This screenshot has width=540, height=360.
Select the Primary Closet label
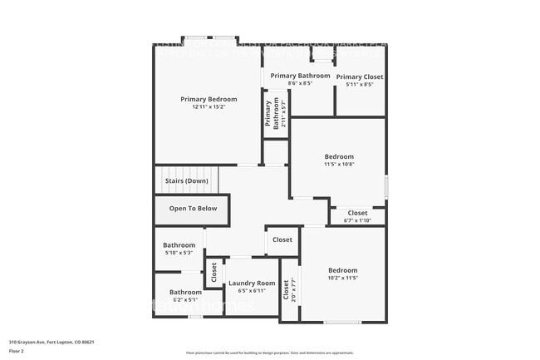click(x=360, y=76)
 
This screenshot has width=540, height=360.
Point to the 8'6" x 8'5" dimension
click(x=300, y=83)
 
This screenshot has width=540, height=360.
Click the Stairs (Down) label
click(x=186, y=180)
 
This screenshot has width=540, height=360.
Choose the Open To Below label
click(x=193, y=209)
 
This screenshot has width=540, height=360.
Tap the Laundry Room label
click(x=252, y=284)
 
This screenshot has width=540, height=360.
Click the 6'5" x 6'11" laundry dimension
click(x=252, y=291)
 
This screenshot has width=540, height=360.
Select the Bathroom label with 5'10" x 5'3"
click(x=179, y=245)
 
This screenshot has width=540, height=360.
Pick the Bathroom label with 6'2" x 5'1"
click(x=185, y=292)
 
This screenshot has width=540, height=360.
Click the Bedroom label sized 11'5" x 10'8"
click(x=339, y=156)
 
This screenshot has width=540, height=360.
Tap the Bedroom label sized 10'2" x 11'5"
click(x=342, y=270)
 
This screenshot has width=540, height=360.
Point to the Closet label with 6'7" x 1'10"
click(x=357, y=213)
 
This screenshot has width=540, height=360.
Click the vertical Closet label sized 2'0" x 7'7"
click(x=287, y=289)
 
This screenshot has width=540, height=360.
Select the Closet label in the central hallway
click(x=282, y=240)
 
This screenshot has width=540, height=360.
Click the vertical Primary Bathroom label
click(x=268, y=114)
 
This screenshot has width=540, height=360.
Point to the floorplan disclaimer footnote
click(x=269, y=353)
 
